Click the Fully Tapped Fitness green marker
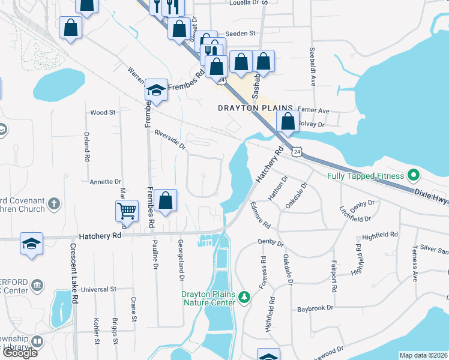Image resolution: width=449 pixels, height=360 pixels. click(x=413, y=176)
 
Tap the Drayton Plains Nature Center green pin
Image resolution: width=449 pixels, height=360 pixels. click(x=244, y=296)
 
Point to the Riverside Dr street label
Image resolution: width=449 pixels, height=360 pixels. click(x=170, y=140)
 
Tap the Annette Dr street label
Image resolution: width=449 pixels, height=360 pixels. click(x=105, y=181)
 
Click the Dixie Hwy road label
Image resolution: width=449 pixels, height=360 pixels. click(x=431, y=197)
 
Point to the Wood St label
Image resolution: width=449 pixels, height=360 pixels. click(x=102, y=112)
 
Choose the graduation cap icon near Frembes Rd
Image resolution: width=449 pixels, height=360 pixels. click(x=156, y=91)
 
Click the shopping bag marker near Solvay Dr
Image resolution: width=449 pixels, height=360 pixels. click(x=288, y=121)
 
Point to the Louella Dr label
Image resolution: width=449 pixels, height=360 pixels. click(x=247, y=3)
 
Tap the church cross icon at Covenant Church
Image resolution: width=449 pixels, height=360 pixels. click(x=53, y=203)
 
